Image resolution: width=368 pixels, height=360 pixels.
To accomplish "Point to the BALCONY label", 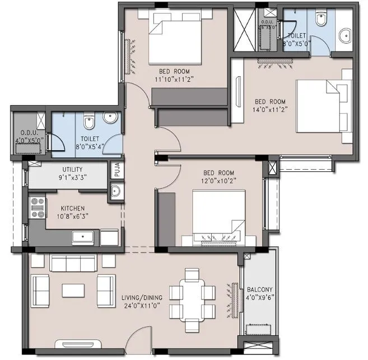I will [259, 289].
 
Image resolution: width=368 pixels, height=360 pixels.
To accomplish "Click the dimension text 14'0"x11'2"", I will [270, 110].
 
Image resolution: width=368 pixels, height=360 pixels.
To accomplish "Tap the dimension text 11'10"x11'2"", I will [174, 80].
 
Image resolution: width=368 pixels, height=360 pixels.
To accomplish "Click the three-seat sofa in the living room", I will [72, 263].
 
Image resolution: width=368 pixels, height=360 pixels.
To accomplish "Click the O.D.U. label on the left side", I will [25, 132].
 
